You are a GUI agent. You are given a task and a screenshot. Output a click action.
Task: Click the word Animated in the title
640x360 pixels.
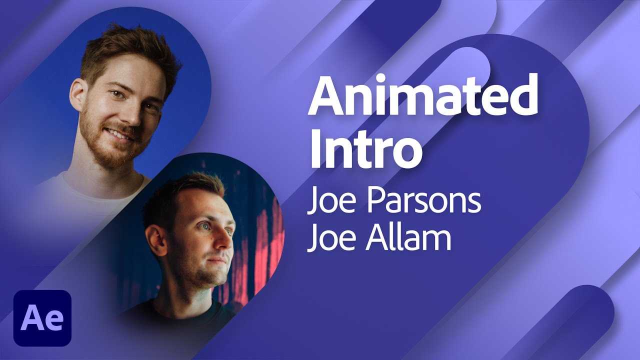(x=422, y=97)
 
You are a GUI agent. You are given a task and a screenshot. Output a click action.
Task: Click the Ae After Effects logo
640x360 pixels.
(x=42, y=318)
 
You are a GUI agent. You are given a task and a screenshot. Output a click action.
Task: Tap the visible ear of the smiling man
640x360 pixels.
(x=77, y=95)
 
